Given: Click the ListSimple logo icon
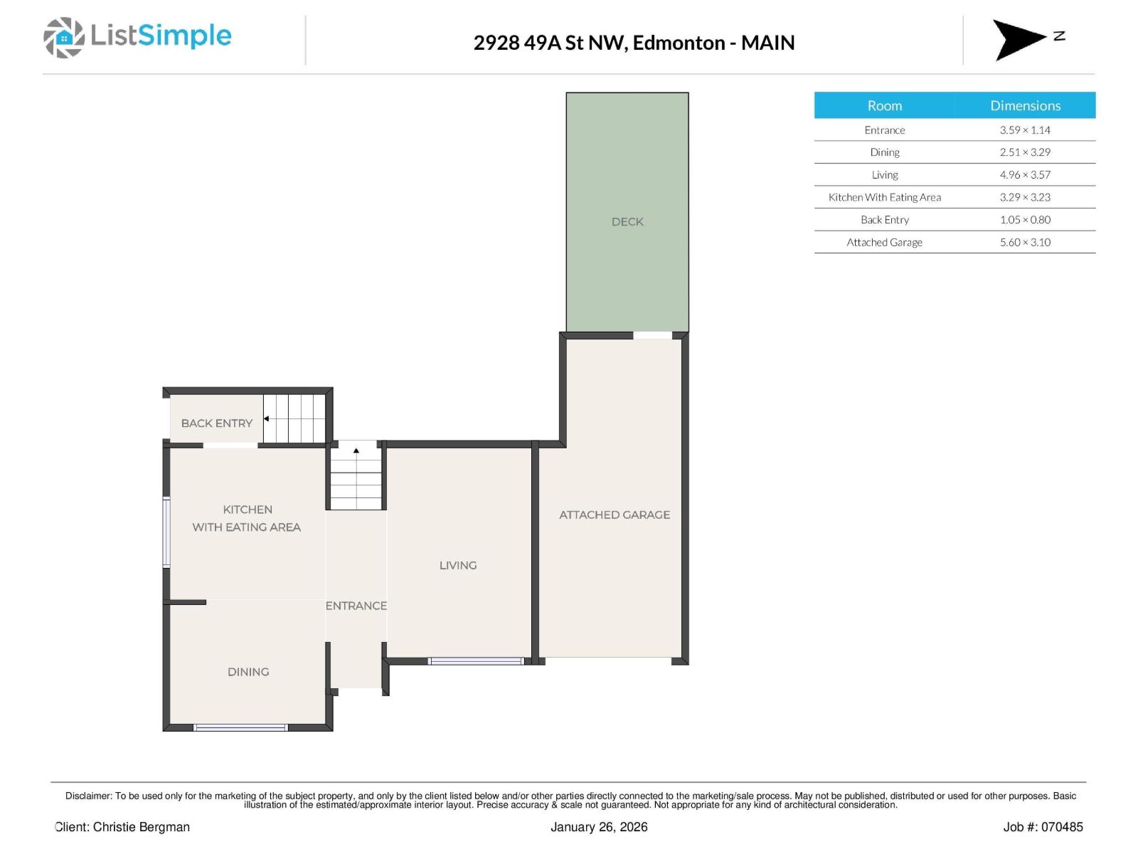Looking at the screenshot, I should tap(63, 38).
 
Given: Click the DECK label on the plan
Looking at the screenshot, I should tap(627, 222).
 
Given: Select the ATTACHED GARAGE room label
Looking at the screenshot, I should tap(614, 515).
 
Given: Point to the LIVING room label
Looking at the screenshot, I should tap(457, 565).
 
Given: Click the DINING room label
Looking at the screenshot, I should tap(248, 672).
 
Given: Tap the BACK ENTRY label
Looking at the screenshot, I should tap(216, 423).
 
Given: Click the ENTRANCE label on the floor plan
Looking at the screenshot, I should tap(356, 606).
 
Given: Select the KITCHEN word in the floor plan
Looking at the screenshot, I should tap(248, 510).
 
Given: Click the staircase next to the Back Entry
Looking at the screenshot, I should tap(294, 418).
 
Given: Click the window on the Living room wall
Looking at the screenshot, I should tap(476, 661).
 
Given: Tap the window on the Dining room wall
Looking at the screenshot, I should tap(240, 727).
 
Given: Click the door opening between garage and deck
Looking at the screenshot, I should tap(652, 335).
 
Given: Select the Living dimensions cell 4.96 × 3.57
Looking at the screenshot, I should tap(1024, 174).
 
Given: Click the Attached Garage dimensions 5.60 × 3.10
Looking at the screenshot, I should tap(1024, 242).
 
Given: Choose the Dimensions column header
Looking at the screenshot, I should tap(1024, 105).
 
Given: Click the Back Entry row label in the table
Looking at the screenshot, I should tap(884, 220).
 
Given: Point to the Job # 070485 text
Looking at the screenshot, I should tap(1042, 827).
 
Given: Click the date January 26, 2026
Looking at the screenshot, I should tap(598, 827).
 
